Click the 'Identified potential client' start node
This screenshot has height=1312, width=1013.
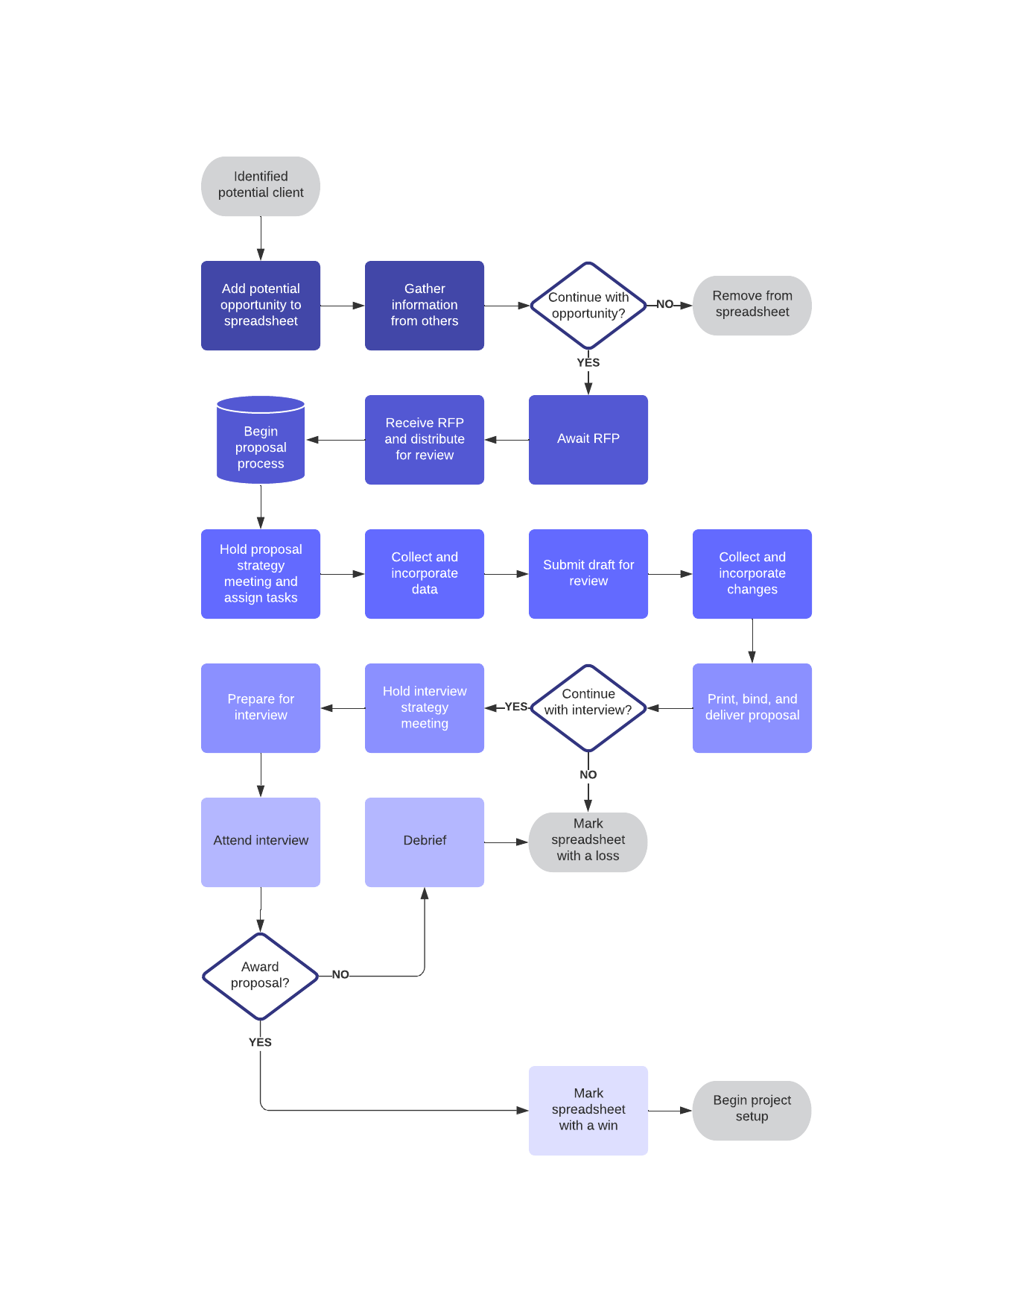(261, 186)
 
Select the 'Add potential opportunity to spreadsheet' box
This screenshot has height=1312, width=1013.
(261, 305)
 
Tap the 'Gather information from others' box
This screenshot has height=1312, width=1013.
(425, 305)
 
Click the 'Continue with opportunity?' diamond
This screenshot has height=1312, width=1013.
(588, 305)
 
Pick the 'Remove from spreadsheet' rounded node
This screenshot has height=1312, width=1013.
(752, 305)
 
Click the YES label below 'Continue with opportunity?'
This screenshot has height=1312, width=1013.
(588, 362)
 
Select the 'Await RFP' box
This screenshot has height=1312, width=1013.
(588, 439)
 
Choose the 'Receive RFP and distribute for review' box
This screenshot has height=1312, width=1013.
(425, 439)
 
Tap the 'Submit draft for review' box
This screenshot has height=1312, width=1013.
(588, 573)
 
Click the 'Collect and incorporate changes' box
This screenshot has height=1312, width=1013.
(752, 573)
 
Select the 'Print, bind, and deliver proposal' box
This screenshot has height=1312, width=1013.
(752, 707)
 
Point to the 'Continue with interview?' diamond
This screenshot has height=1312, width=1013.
(588, 707)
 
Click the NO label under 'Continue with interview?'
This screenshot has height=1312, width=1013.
(588, 775)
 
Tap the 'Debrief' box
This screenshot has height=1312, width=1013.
(425, 842)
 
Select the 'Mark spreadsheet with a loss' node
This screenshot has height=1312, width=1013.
(588, 842)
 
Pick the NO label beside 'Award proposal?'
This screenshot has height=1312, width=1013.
(340, 974)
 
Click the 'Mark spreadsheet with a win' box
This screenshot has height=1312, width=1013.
(588, 1110)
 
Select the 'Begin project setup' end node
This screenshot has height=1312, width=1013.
(752, 1110)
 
